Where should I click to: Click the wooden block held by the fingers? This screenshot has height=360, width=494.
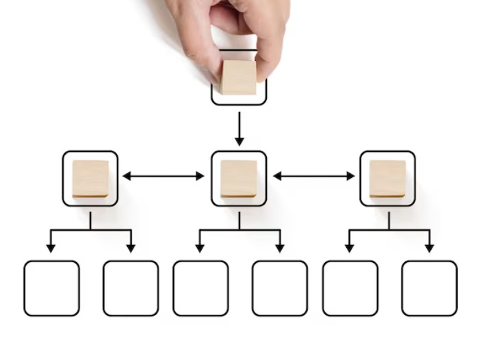coord(238,77)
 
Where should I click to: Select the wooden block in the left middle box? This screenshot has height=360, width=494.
coord(90,179)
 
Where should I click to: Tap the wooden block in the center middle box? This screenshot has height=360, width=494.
coord(239,179)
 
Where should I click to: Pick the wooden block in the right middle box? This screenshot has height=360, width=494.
coord(387,179)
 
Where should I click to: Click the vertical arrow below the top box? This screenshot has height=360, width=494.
coord(239,129)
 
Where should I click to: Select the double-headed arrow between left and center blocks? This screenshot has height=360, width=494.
coord(164,176)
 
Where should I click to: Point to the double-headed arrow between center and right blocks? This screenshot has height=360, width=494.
coord(313,176)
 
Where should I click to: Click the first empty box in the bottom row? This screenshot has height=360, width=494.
coord(51,288)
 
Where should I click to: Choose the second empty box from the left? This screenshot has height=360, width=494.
coord(131,288)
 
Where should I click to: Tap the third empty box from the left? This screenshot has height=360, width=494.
coord(200,288)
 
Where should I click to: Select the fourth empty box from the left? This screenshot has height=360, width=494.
coord(280,288)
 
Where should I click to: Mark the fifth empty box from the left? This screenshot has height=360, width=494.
coord(350,288)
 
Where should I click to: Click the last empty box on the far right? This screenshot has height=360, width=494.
coord(429,288)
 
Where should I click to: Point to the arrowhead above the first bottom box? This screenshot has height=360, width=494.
coord(51,248)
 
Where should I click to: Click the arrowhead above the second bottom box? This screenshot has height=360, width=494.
coord(131,248)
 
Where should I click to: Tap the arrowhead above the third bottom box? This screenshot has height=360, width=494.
coord(200,248)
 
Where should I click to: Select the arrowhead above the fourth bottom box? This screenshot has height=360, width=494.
coord(280,248)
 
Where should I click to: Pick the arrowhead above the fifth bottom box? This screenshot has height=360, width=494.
coord(349,248)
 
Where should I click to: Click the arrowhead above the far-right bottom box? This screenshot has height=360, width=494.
coord(429,248)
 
